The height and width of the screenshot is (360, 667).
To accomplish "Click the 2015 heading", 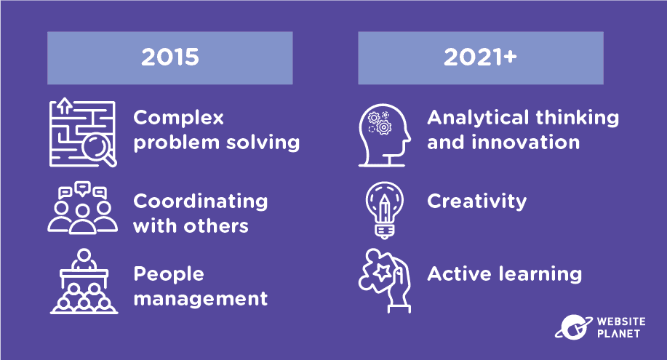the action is click(170, 57).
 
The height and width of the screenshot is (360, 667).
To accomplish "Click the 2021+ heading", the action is click(480, 57).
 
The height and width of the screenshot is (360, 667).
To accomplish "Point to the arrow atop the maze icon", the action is click(64, 105).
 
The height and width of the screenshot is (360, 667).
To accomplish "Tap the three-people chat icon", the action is click(82, 208).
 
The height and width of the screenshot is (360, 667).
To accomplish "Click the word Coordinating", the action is click(200, 201).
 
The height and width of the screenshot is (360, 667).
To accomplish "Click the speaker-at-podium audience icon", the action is click(84, 281).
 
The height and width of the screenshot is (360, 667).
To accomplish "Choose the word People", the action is click(169, 274).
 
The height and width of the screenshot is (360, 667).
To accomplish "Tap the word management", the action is click(200, 299).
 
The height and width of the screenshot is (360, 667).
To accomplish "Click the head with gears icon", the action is click(384, 135).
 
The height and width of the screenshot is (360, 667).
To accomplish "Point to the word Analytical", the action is click(479, 118).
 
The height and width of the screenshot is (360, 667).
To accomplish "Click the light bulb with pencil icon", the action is click(385, 209).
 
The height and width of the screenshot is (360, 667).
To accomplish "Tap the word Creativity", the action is click(477, 201).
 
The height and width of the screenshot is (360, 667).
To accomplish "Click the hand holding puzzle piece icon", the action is click(385, 281).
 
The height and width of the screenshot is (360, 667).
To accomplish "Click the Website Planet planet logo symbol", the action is click(573, 327).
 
